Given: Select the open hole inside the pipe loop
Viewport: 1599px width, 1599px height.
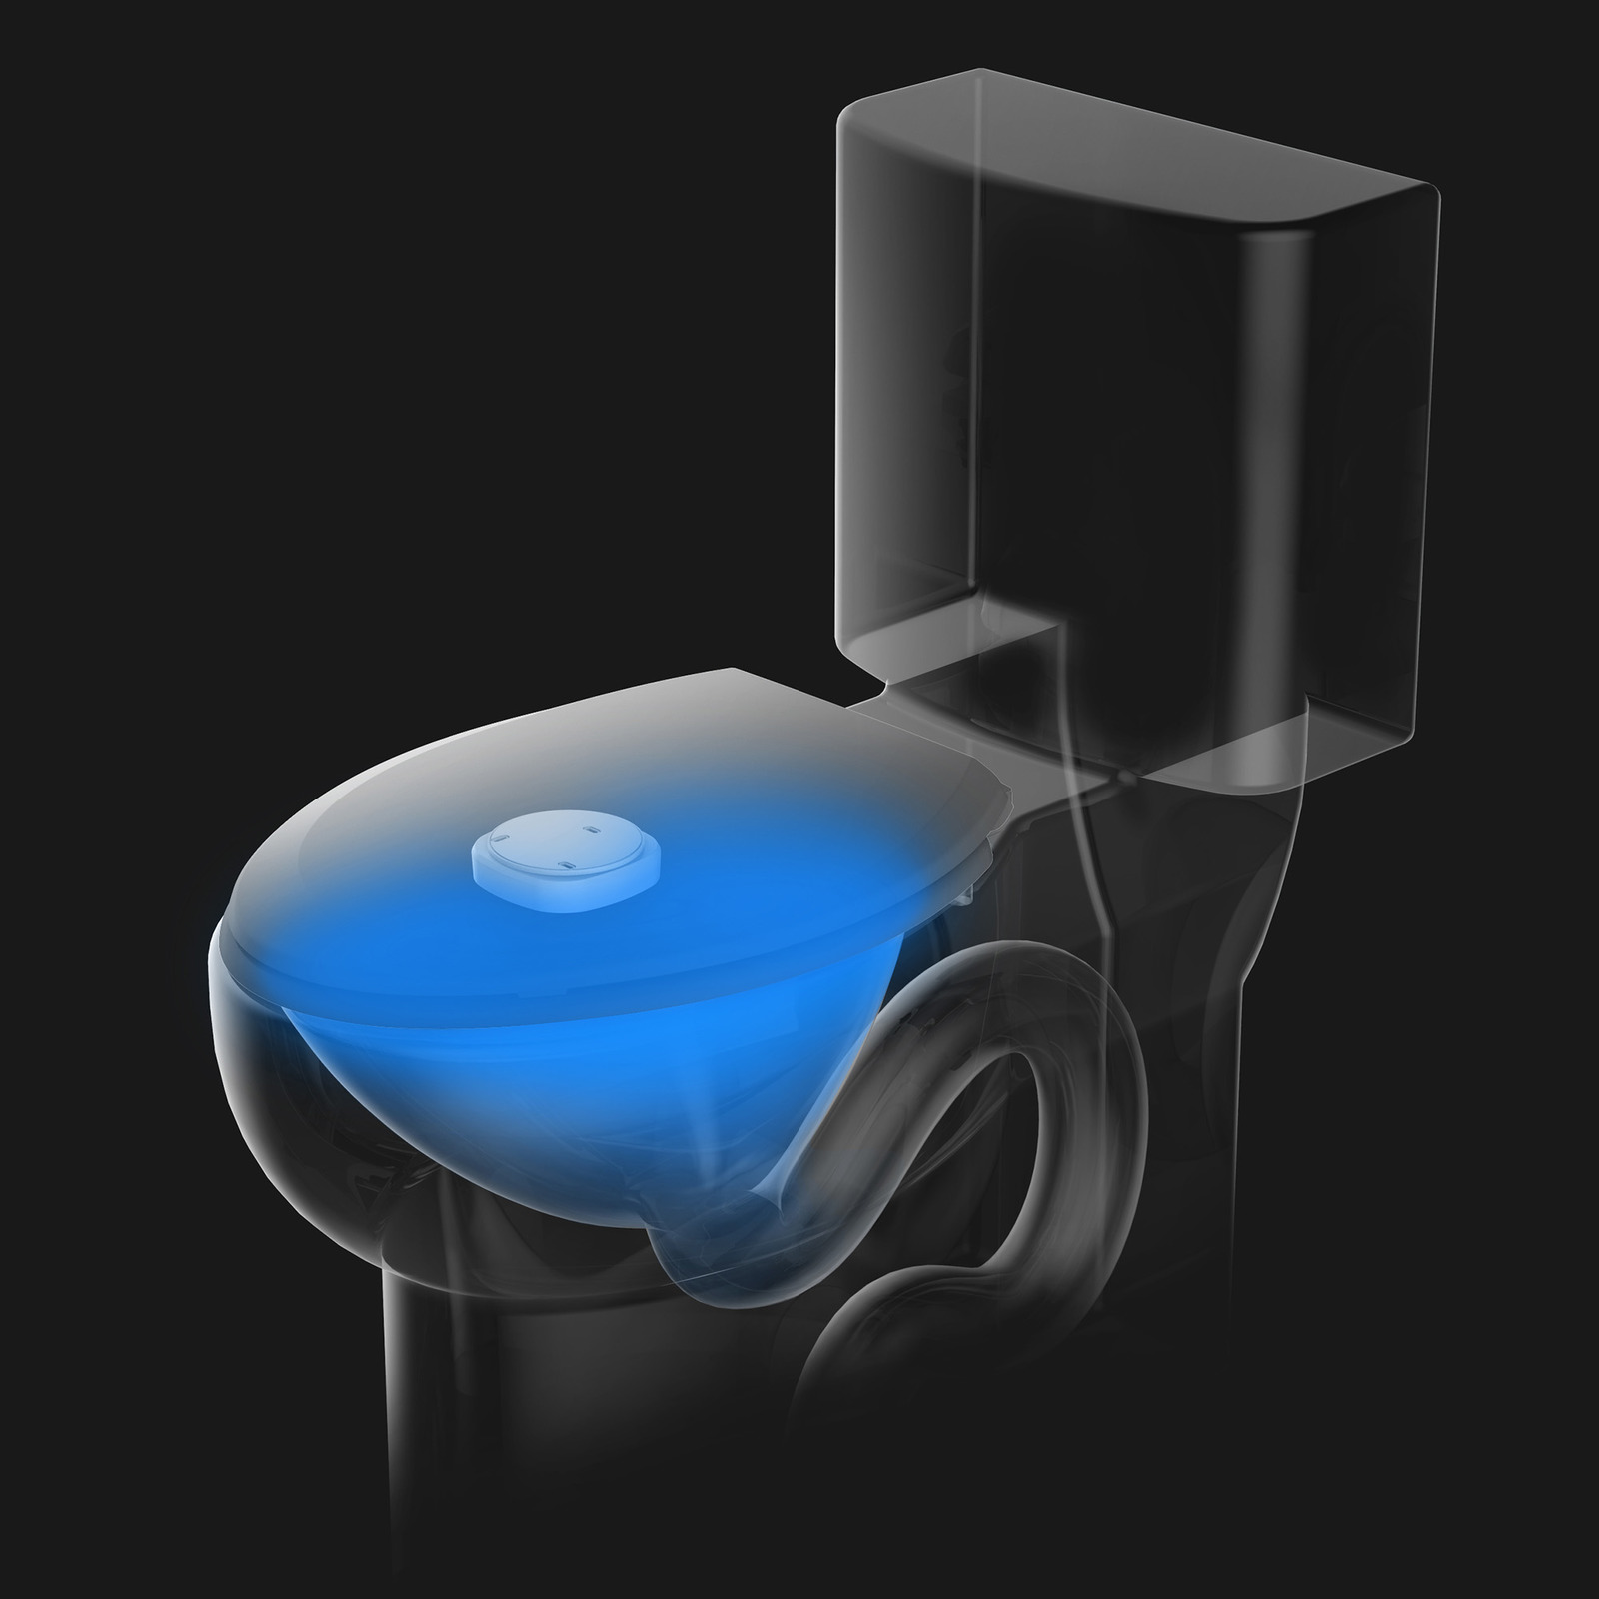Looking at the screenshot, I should point(999,1149).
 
